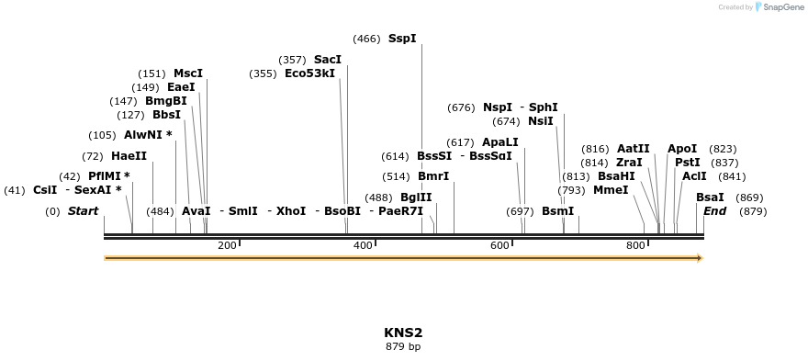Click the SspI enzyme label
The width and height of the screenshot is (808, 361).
(x=402, y=39)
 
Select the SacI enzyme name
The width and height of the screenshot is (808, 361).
(x=328, y=60)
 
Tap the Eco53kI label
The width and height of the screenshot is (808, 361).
(x=309, y=73)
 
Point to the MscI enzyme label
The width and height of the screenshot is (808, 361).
(x=188, y=73)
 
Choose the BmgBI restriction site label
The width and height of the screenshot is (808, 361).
(x=166, y=101)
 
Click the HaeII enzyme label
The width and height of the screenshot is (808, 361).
(x=129, y=156)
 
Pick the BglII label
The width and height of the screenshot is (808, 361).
(x=416, y=197)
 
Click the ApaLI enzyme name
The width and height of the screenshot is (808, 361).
(x=500, y=142)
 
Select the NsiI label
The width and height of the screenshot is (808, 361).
(x=541, y=121)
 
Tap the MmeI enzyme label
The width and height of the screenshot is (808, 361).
(x=611, y=190)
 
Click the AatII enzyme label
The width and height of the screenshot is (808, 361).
(x=633, y=149)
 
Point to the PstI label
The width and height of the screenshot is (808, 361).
(x=687, y=163)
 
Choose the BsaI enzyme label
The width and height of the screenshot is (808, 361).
(x=710, y=197)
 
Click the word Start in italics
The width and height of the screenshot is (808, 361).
(x=83, y=211)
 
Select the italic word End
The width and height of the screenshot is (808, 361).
(x=714, y=211)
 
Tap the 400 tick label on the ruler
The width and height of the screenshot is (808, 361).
(x=364, y=245)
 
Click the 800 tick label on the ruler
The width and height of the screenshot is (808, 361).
(x=635, y=245)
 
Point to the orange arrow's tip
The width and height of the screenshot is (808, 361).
(x=701, y=258)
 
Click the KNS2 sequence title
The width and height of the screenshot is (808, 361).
(x=403, y=333)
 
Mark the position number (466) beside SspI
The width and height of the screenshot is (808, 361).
(x=366, y=39)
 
